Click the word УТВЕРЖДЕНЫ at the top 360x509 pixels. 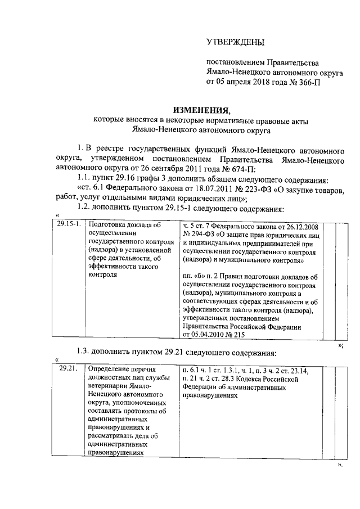click(235, 42)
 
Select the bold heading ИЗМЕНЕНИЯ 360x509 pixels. click(201, 109)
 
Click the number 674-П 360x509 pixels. click(242, 170)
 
